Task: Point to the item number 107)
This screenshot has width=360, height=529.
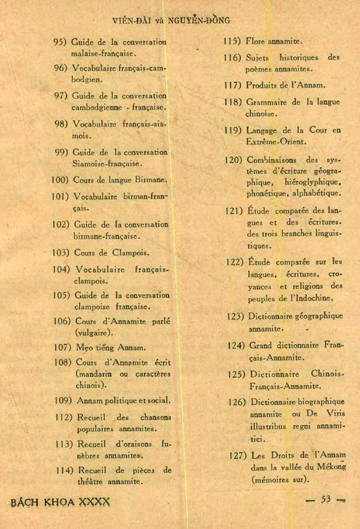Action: pos(62,347)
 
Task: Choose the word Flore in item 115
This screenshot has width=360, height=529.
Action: pos(256,41)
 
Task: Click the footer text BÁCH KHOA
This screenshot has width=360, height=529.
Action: pos(42,502)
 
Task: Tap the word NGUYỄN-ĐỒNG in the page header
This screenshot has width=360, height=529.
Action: pos(205,21)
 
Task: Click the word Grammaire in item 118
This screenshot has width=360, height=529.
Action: pos(266,102)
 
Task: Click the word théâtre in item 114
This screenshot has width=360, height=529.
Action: pos(91,482)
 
